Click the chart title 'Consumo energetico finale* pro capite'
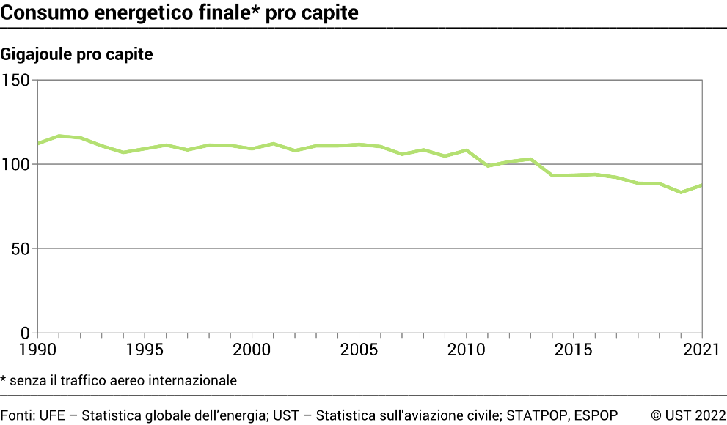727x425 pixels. pyautogui.click(x=180, y=12)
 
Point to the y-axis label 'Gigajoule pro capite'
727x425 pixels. pyautogui.click(x=77, y=54)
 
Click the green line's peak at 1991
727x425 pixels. pyautogui.click(x=59, y=136)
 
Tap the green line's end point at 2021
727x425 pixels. pyautogui.click(x=702, y=185)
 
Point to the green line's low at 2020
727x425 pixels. pyautogui.click(x=682, y=192)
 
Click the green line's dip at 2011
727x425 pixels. pyautogui.click(x=488, y=166)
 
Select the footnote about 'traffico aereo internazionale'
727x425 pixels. pyautogui.click(x=119, y=380)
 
